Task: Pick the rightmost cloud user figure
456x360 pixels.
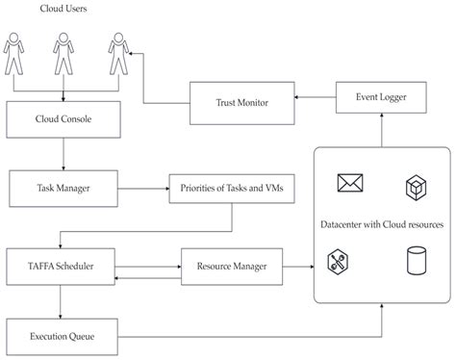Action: pos(117,54)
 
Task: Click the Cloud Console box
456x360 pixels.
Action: pos(63,121)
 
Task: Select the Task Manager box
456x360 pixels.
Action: pos(63,188)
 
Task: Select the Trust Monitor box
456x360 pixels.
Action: pos(241,102)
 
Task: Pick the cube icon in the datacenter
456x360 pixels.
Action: pos(417,183)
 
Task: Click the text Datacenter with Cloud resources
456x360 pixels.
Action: pos(382,223)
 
